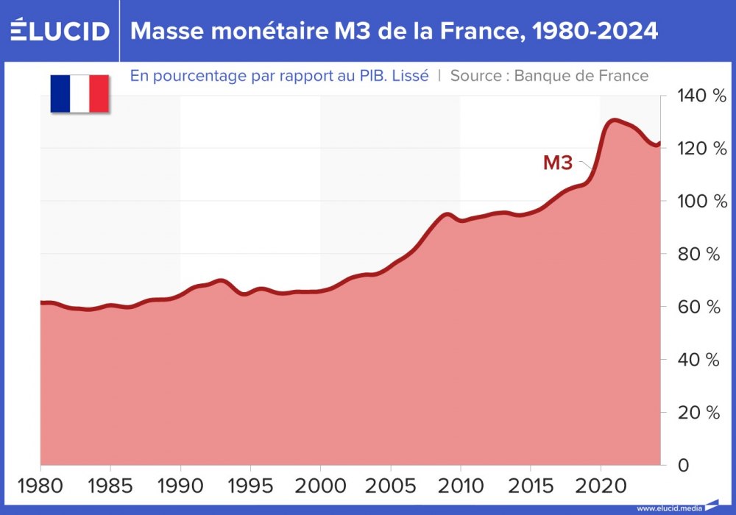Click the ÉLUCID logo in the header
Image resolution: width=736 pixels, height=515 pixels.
[x=60, y=31]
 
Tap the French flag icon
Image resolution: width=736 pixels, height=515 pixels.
[x=79, y=93]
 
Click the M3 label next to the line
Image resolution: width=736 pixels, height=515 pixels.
[x=557, y=163]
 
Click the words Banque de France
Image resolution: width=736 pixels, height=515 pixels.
[x=581, y=75]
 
